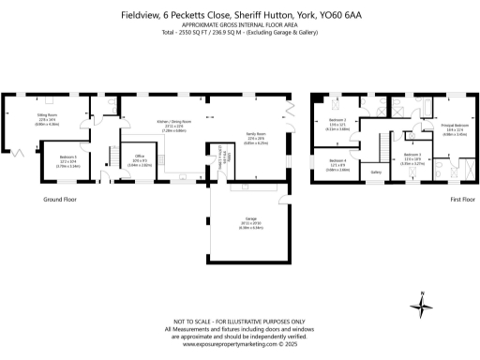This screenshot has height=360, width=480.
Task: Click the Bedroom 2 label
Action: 337,121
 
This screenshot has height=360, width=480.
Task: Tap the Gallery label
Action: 376,172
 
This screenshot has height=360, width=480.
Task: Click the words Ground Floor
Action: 60,200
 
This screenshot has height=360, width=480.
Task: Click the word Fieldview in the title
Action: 139,15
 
